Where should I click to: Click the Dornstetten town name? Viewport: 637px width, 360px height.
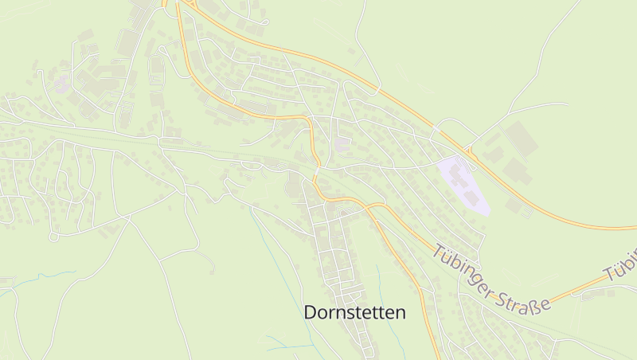(354, 313)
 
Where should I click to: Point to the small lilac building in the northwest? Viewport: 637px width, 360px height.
(61, 84)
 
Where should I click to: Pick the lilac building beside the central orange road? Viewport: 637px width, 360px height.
(342, 145)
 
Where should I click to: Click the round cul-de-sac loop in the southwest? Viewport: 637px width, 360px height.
(53, 237)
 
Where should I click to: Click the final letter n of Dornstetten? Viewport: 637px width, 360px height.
(400, 313)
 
